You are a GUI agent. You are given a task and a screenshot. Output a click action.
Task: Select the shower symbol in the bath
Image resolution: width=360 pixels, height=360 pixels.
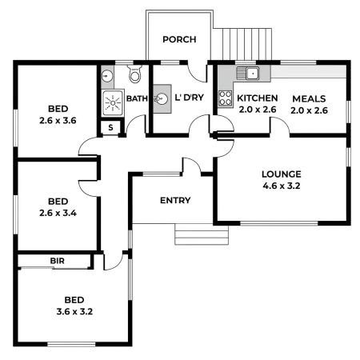pos(111,102)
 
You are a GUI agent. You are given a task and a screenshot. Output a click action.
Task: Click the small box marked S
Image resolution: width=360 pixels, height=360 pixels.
pos(110,126)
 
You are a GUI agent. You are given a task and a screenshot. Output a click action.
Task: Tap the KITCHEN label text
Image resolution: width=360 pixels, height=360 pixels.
pos(257,98)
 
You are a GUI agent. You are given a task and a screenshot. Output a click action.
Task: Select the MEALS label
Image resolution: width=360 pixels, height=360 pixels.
pos(309,98)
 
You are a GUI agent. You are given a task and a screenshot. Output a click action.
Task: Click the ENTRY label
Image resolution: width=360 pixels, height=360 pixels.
pos(175,200)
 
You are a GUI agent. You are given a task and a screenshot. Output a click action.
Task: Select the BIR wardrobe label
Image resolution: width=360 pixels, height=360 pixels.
pos(57,261)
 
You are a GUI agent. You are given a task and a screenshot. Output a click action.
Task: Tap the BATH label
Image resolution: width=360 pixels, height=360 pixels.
pos(137,99)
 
